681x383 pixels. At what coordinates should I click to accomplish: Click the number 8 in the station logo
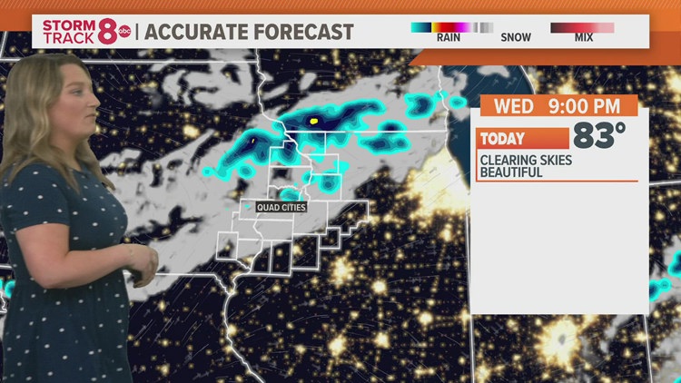coord(107,31)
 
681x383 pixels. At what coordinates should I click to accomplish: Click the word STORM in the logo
coord(66,24)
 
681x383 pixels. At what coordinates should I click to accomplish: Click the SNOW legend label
coord(516,38)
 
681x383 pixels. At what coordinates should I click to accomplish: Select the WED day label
coord(513,106)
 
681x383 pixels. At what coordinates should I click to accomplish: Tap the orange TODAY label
coord(503,139)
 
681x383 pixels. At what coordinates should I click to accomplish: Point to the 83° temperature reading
coord(598,137)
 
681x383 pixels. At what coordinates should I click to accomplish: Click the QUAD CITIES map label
coord(281,207)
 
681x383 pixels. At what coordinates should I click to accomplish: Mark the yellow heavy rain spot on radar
coord(314,120)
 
